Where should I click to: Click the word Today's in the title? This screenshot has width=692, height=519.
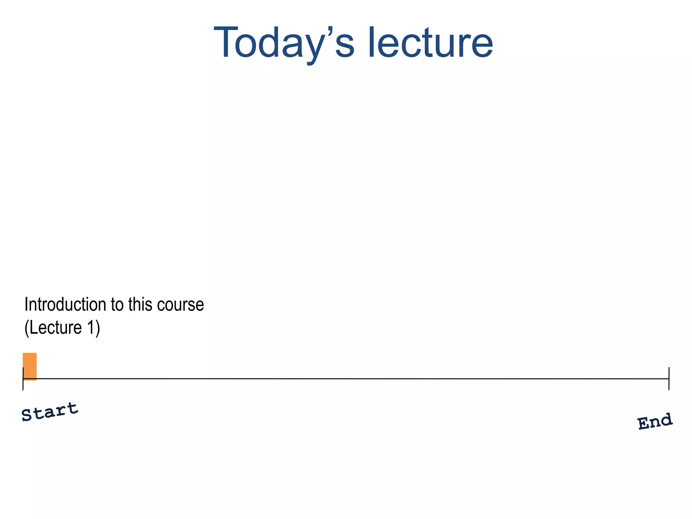[x=284, y=43]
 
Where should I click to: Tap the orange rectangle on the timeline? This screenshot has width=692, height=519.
[x=30, y=366]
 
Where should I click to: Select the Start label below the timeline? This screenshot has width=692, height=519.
[x=50, y=412]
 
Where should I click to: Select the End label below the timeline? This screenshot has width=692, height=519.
[x=655, y=421]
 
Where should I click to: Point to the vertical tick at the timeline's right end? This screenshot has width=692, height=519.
[x=669, y=378]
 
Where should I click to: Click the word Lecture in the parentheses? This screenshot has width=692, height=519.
[x=56, y=327]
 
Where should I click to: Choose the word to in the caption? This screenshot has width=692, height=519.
[x=117, y=305]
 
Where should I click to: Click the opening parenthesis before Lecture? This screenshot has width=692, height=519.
[x=27, y=328]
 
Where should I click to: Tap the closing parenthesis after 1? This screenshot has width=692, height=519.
[x=98, y=328]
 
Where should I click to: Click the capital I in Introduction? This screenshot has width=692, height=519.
[x=26, y=304]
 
